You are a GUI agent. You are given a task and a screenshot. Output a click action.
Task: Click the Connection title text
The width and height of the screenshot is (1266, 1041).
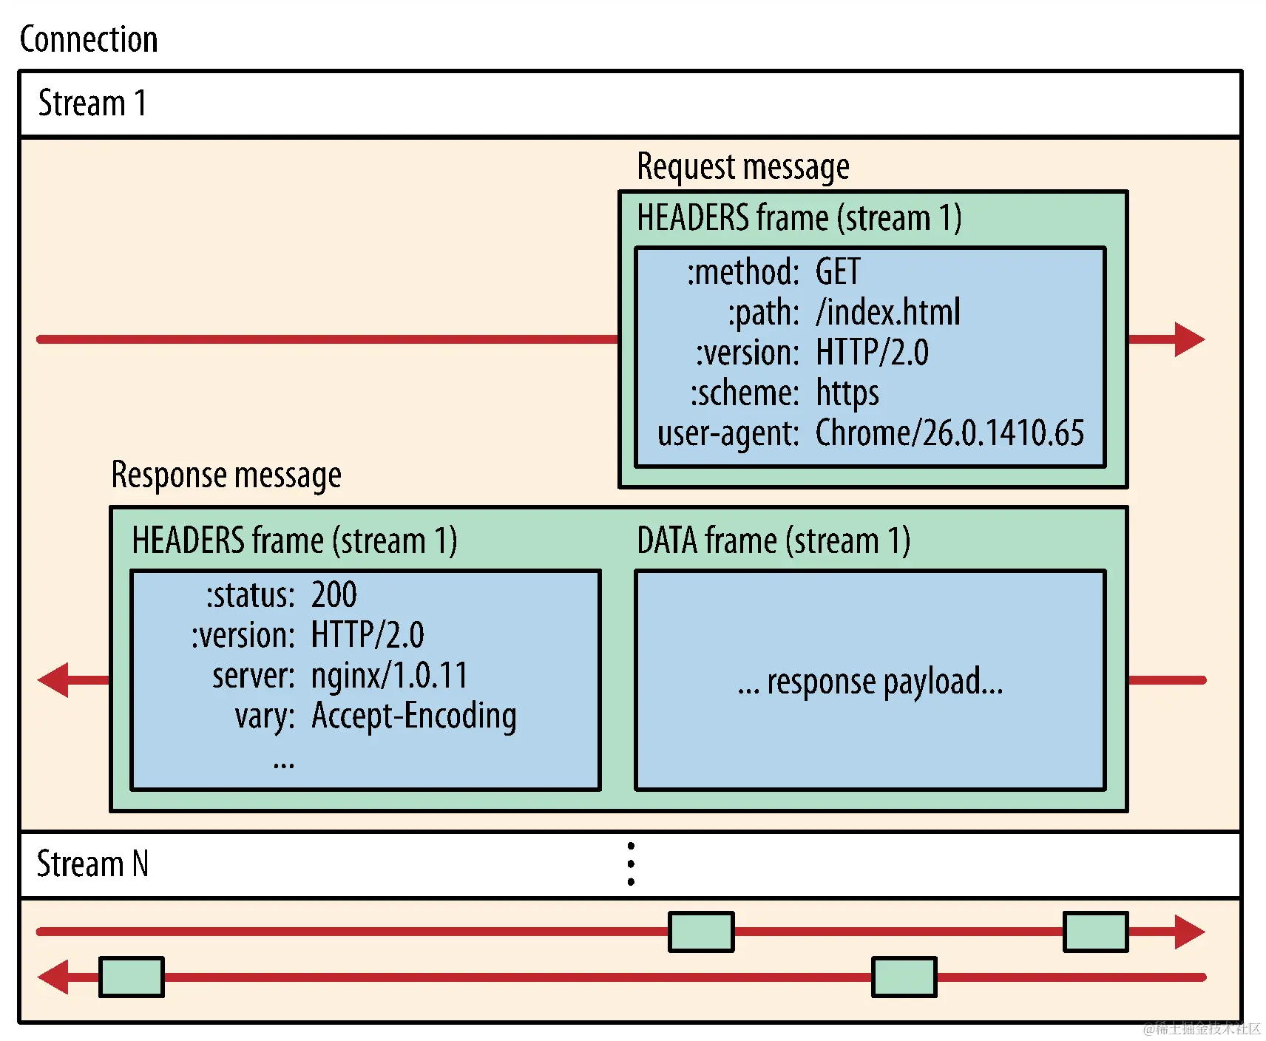tap(89, 39)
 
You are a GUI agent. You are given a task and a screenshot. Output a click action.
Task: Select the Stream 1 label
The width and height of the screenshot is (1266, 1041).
tap(92, 103)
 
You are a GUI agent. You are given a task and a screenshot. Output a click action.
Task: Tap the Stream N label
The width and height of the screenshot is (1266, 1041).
tap(92, 864)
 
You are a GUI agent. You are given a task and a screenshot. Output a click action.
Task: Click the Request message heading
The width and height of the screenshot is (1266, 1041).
tap(742, 167)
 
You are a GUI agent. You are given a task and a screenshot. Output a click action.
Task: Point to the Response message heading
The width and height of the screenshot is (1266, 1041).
tap(226, 475)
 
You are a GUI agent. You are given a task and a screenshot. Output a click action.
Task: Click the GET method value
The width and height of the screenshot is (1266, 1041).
tap(837, 272)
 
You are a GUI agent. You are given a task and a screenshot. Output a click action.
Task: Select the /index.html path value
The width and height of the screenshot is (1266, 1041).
tap(887, 312)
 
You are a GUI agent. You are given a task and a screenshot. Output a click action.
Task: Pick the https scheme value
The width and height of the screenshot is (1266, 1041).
tap(847, 393)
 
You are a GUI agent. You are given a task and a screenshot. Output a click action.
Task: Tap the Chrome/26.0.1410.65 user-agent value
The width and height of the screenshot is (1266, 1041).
tap(949, 433)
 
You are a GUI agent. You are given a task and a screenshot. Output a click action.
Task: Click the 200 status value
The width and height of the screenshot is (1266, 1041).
tap(334, 595)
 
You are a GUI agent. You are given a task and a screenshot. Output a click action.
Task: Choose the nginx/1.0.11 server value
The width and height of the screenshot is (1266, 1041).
tap(389, 676)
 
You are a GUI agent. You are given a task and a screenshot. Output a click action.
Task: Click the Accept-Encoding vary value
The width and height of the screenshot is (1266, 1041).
tap(413, 716)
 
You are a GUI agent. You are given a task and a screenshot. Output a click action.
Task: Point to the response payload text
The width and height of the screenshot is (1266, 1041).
tap(870, 682)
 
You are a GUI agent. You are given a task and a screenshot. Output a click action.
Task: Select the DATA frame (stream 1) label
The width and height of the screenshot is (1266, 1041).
tap(773, 540)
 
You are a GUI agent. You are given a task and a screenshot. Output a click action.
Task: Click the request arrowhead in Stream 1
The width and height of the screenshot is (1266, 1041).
tap(1188, 339)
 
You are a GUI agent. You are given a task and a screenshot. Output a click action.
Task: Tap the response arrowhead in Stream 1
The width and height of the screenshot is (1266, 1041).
tap(54, 679)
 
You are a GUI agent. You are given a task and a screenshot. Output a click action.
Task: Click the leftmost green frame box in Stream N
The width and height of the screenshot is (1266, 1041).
tap(132, 977)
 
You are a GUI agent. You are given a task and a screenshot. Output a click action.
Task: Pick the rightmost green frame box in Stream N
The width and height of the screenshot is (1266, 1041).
tap(1095, 932)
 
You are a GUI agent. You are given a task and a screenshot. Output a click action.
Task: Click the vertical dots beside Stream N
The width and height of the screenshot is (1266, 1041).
tap(631, 864)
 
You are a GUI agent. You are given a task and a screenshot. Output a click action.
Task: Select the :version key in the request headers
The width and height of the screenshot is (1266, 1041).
tap(747, 353)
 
